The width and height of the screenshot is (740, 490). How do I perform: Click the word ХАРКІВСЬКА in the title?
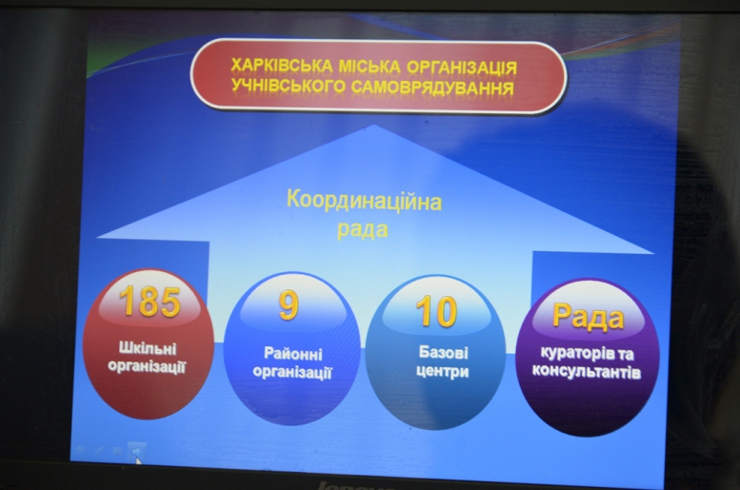[x=282, y=65]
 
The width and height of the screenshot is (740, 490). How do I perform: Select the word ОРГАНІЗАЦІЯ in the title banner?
[x=462, y=68]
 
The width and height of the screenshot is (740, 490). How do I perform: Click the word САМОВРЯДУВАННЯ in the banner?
[x=432, y=88]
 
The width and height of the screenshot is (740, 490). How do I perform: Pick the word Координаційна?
[x=365, y=201]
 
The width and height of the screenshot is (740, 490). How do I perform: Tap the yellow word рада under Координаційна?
[x=363, y=229]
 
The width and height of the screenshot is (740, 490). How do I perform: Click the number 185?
[x=150, y=302]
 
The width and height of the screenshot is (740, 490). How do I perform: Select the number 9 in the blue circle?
[x=289, y=305]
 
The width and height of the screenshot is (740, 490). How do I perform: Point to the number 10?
[x=436, y=311]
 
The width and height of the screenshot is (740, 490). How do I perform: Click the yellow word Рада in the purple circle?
[x=588, y=316]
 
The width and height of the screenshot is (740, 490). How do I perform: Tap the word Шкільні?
[x=148, y=348]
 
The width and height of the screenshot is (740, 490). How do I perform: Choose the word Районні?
[x=293, y=354]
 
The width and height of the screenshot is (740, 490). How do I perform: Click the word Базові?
[x=443, y=352]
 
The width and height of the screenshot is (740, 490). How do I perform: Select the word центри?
[x=442, y=371]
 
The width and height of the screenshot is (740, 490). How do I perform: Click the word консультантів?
[x=587, y=372]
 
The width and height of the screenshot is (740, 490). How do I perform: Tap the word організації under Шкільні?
[x=148, y=366]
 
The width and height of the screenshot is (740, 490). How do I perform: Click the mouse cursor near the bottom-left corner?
[x=138, y=461]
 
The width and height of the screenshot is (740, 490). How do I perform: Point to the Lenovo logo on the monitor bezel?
[x=351, y=486]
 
